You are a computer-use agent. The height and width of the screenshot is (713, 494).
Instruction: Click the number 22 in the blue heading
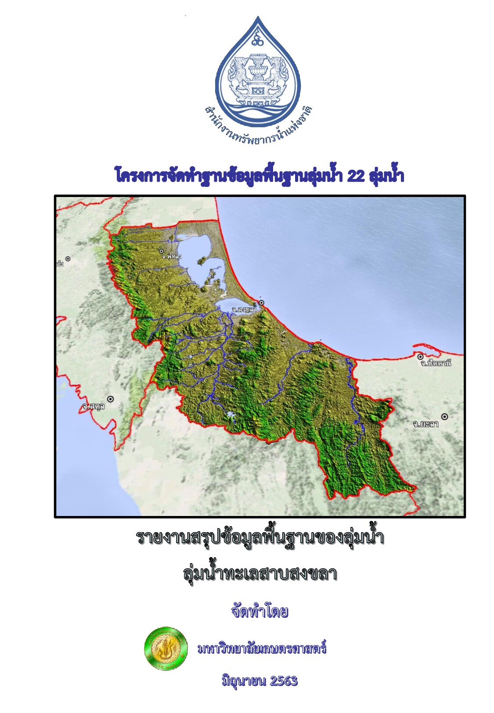point(356,176)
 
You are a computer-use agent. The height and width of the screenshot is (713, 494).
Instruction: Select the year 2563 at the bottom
point(284,681)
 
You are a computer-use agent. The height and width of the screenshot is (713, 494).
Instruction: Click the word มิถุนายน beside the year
point(244,681)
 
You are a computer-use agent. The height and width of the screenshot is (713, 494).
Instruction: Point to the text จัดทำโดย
point(260,611)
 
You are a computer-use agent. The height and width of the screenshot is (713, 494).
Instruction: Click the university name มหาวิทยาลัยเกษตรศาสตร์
point(262,649)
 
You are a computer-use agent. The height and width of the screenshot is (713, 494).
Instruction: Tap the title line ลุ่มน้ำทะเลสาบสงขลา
point(260,573)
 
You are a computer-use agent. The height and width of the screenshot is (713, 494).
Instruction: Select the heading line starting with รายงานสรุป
point(260,537)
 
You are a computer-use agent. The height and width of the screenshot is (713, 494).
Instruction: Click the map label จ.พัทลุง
point(171,256)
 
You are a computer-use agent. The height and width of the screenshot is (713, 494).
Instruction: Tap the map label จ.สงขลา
point(244,310)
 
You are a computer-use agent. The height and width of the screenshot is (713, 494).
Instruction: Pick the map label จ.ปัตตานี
point(435,363)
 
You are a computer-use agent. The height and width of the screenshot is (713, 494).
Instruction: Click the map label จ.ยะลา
point(425,424)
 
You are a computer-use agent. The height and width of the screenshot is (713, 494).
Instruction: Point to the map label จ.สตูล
point(94,407)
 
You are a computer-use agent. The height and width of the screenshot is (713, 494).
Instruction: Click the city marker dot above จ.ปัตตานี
point(420,357)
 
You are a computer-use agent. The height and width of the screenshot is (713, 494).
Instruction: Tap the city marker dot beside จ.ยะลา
point(445,416)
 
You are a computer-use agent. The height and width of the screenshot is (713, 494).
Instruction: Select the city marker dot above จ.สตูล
point(110,399)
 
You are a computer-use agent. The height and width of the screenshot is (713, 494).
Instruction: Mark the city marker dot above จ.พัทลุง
point(162,251)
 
